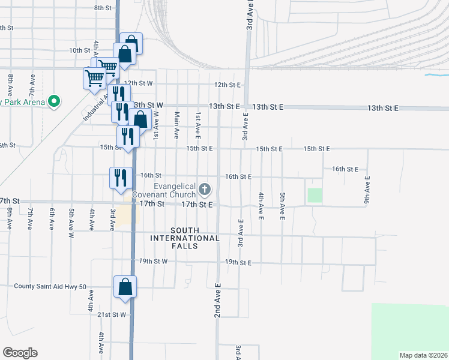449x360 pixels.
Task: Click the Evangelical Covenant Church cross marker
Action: [x=205, y=190]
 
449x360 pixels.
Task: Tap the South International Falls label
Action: [x=195, y=234]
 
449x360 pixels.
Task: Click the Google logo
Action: [x=20, y=353]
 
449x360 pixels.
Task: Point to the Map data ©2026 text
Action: [x=423, y=355]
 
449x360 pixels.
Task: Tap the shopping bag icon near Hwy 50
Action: [x=125, y=287]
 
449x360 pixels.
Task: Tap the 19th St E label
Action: [x=238, y=262]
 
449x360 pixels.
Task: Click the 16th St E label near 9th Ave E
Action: [x=345, y=169]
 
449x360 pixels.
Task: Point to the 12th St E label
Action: [x=228, y=85]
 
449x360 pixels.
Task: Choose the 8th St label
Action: [x=103, y=8]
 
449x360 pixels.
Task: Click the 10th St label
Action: [x=79, y=50]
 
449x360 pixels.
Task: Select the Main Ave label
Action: [x=176, y=125]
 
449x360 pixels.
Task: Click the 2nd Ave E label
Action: [x=218, y=300]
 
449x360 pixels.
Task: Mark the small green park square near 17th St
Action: [x=315, y=195]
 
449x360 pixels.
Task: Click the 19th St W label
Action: [x=153, y=262]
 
